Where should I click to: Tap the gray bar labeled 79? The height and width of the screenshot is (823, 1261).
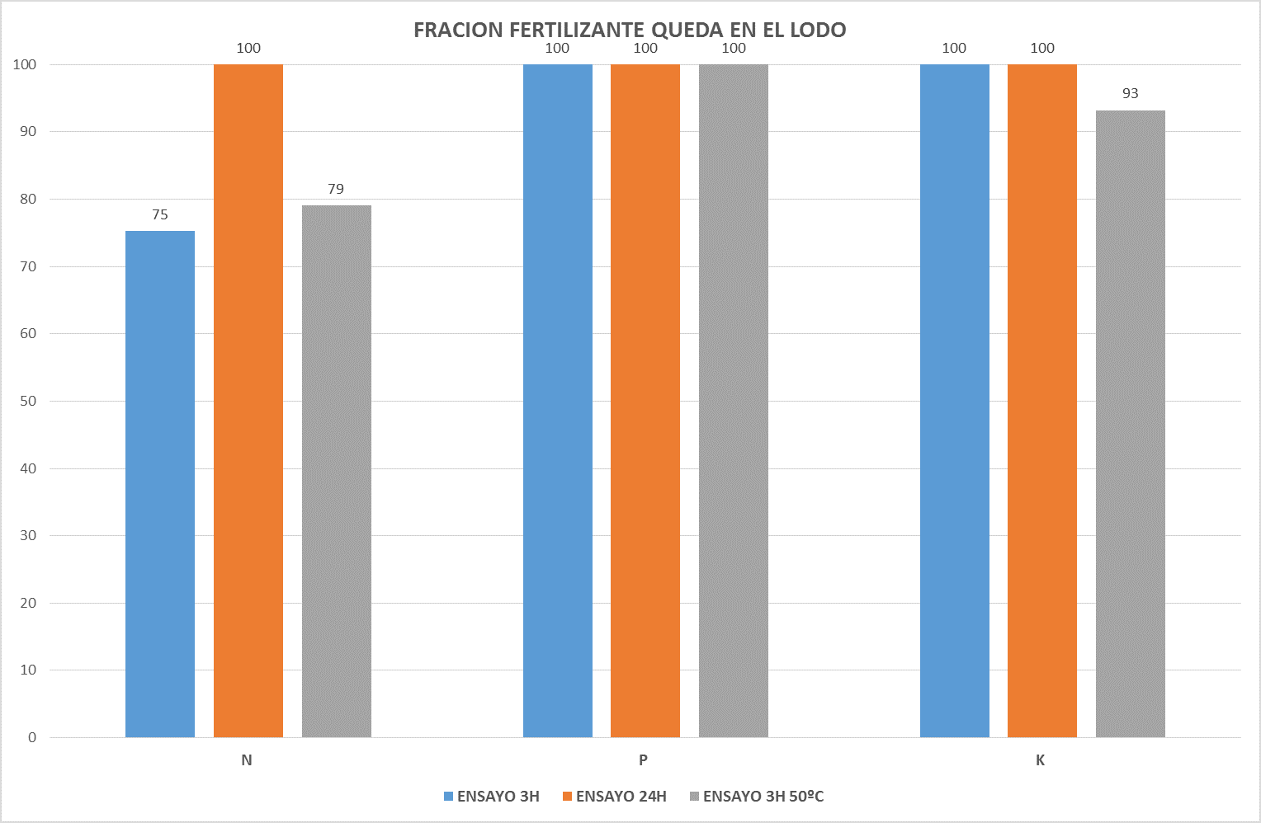[337, 471]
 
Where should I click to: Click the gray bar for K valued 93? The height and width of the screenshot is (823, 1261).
[1131, 424]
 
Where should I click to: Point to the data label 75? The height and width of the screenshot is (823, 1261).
[160, 215]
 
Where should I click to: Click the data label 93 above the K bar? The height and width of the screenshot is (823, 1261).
[1131, 94]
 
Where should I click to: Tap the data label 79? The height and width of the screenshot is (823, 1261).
[336, 190]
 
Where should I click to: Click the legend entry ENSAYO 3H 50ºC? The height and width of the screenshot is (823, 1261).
[763, 797]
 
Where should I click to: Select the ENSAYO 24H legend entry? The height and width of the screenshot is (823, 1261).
[621, 797]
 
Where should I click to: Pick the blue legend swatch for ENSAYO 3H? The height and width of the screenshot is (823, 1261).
[449, 797]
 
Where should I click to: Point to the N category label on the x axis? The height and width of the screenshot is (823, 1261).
[247, 760]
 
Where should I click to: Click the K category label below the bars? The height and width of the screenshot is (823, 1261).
[1040, 760]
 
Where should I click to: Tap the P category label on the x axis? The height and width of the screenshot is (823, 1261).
[643, 760]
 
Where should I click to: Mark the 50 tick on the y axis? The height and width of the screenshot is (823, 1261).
[29, 402]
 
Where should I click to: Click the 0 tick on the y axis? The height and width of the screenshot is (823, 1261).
[32, 738]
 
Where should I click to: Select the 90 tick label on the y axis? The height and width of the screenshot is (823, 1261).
[29, 132]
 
